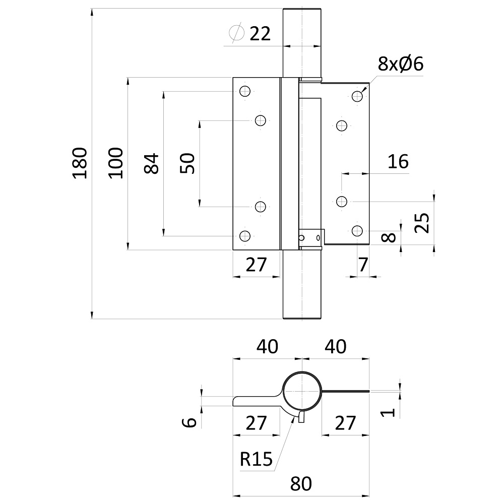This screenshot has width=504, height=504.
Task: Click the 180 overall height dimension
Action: pos(81,163)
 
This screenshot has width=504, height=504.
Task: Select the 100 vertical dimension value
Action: pos(116,162)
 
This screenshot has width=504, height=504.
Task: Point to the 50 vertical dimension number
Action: pos(187,163)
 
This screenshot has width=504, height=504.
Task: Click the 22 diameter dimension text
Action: pos(260,34)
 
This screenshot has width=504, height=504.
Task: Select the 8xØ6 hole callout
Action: pos(400,64)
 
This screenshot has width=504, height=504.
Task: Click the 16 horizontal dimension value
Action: pos(398,162)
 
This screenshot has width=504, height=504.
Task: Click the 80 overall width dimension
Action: pos(301,484)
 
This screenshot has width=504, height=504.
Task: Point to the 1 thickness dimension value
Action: pos(387,413)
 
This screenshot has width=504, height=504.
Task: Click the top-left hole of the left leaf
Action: pos(245,91)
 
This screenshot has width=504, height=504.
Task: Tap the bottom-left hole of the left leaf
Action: pos(245,235)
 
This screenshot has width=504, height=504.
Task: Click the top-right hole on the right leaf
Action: pos(357,96)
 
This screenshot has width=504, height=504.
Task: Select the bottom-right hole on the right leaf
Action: pos(357,231)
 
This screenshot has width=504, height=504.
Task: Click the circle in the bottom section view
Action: pos(301,392)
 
